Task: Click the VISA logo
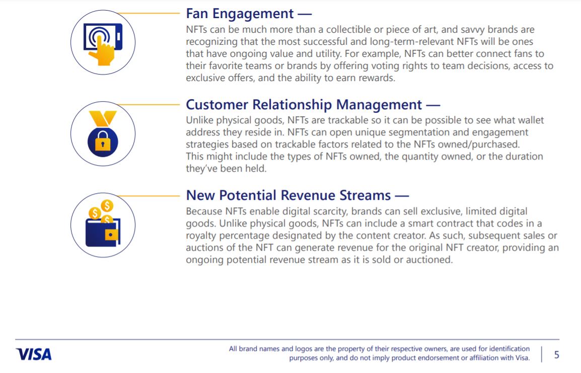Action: [x=33, y=354]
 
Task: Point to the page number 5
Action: [x=556, y=355]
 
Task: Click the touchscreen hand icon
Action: [x=103, y=44]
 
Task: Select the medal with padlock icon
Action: [x=103, y=134]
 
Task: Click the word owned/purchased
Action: [x=479, y=144]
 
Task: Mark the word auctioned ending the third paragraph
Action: [x=429, y=260]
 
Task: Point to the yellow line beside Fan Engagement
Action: [x=148, y=13]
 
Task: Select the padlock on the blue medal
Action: [x=103, y=141]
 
